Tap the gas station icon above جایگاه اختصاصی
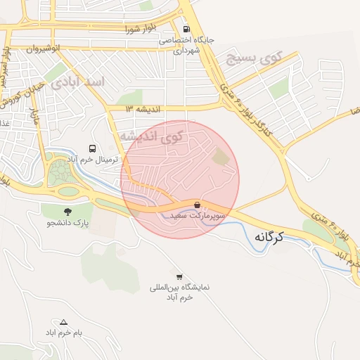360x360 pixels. (186, 30)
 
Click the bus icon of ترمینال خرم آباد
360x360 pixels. (92, 148)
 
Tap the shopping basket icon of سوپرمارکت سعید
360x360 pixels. (196, 205)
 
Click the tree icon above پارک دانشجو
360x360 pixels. (67, 212)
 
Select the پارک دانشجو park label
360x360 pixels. (70, 224)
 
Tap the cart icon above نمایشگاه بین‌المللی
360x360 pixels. (179, 276)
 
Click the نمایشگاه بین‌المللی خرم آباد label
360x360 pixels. (180, 292)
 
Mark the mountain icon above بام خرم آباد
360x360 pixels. (63, 321)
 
